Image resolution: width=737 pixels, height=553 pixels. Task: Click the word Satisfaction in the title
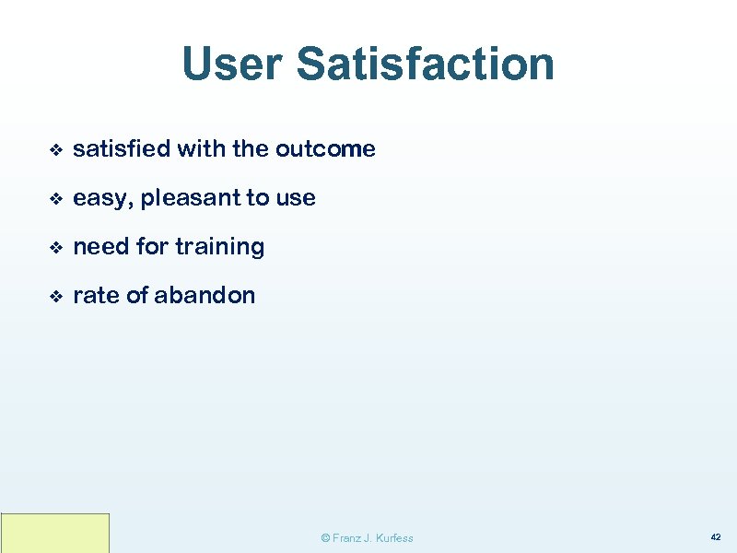pos(426,65)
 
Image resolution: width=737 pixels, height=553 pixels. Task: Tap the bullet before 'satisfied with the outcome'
pos(55,149)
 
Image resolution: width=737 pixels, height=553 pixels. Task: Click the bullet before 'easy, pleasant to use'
pos(55,198)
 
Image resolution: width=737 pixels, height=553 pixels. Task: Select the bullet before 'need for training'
pos(55,247)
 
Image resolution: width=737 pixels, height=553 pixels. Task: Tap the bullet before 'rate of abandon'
pos(55,296)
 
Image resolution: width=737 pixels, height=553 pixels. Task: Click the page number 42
pos(715,536)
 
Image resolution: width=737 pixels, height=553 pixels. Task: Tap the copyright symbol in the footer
pos(324,538)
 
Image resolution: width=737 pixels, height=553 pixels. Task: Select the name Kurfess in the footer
pos(394,538)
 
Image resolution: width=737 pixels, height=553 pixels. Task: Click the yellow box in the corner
pos(55,533)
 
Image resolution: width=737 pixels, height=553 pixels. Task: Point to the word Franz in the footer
pos(346,538)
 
